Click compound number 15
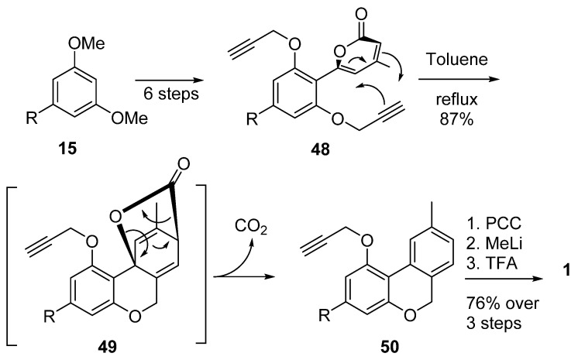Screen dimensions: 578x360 67,149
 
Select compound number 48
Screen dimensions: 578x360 320,150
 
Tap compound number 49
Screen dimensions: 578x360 107,346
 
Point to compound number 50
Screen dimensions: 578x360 389,346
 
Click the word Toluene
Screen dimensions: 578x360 457,59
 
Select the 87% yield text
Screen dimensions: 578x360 456,119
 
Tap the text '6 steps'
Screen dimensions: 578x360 171,94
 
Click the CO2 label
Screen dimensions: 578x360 251,227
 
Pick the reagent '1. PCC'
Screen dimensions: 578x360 494,223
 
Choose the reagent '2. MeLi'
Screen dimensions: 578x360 494,243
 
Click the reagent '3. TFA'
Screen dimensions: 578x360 492,263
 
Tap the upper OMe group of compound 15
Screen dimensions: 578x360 87,43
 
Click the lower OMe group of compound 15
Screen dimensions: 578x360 129,118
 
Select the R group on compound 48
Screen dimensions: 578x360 252,119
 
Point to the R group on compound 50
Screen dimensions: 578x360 325,315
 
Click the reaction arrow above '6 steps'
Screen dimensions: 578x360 170,81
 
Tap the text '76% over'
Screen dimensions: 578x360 502,303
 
